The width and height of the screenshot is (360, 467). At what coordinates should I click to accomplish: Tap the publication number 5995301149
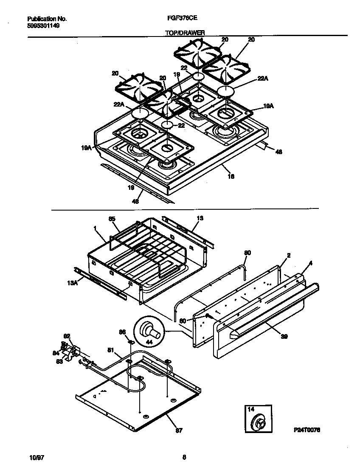[43, 25]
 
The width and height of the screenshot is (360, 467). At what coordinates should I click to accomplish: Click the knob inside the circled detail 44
[151, 330]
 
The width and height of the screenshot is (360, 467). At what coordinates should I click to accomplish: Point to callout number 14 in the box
[250, 409]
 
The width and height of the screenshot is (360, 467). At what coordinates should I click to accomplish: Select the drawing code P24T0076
[306, 430]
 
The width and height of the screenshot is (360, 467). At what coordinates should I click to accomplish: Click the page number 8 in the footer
[184, 457]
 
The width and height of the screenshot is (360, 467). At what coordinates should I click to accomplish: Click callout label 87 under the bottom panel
[179, 430]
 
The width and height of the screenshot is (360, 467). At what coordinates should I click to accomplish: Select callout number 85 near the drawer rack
[112, 219]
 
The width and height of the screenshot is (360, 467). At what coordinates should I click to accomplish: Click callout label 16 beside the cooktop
[231, 176]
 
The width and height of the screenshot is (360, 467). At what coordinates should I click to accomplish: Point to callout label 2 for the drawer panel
[288, 255]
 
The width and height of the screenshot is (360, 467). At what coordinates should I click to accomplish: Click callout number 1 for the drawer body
[95, 228]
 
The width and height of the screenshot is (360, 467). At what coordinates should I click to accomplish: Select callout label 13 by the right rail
[200, 218]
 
